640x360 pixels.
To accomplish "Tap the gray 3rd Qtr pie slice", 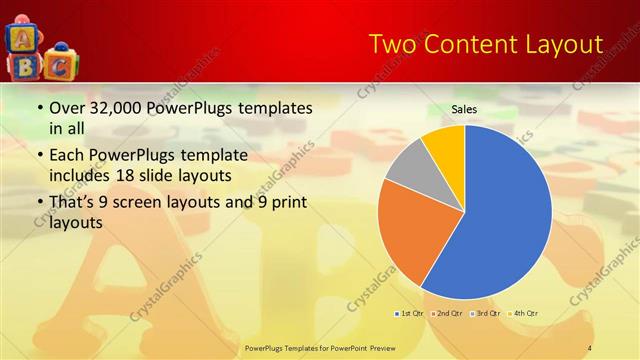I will coord(406,169).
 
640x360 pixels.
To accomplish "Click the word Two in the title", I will coord(392,44).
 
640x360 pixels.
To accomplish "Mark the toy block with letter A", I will coord(22,37).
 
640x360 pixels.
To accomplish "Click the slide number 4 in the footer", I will coord(590,348).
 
